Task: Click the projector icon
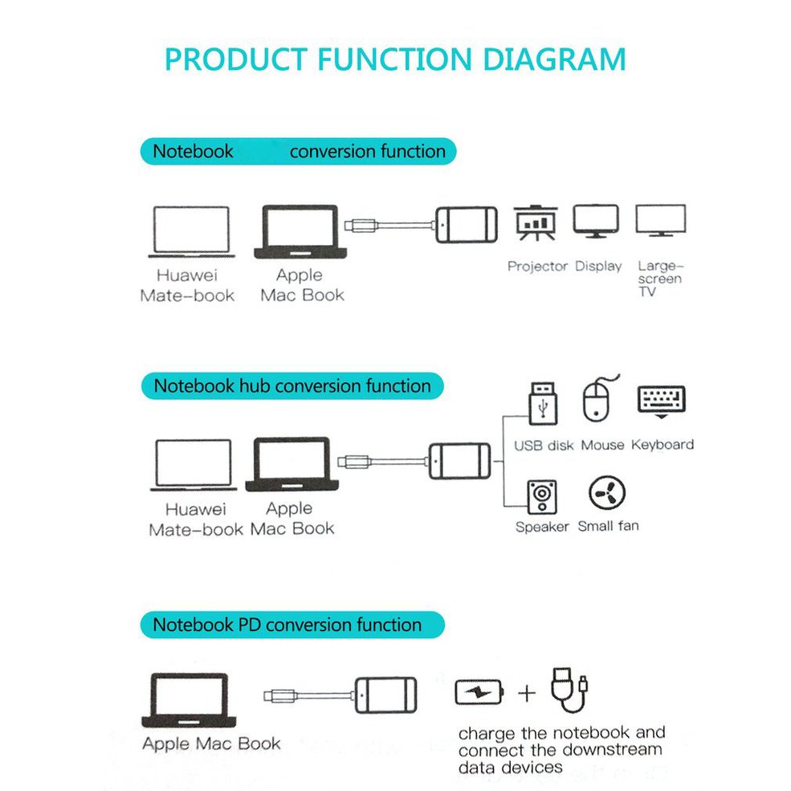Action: [536, 223]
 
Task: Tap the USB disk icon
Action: [543, 404]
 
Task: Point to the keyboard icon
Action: [662, 402]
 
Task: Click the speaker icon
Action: [542, 497]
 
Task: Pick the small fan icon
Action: [607, 493]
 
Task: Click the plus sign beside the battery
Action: [527, 693]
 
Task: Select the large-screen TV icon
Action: [660, 221]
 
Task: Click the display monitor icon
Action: [596, 221]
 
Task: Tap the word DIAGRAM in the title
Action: [554, 59]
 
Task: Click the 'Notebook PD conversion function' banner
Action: [292, 625]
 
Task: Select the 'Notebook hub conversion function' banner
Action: [292, 386]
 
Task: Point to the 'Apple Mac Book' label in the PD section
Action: [211, 743]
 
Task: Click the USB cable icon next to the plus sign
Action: [569, 690]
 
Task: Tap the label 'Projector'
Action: [538, 266]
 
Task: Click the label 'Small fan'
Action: [609, 526]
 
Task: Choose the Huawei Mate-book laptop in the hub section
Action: [194, 465]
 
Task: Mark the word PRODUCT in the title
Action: [236, 59]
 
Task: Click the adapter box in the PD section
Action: [386, 695]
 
